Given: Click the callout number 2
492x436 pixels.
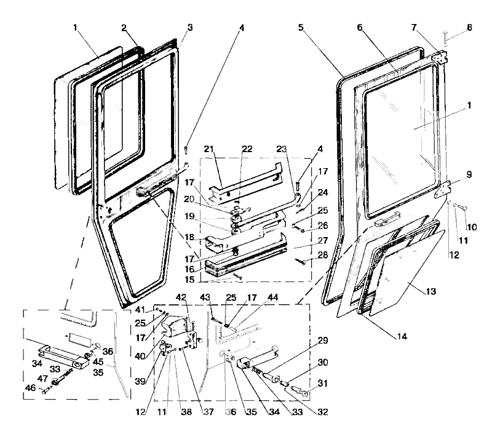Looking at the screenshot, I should point(124,28).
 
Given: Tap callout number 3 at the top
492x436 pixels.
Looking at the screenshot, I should point(189,28).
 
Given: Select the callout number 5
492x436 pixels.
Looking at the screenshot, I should point(301,28).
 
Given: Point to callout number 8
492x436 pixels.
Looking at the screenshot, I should point(470,28).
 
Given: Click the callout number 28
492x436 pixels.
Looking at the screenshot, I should point(322,255).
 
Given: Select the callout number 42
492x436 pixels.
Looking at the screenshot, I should point(181,296).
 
